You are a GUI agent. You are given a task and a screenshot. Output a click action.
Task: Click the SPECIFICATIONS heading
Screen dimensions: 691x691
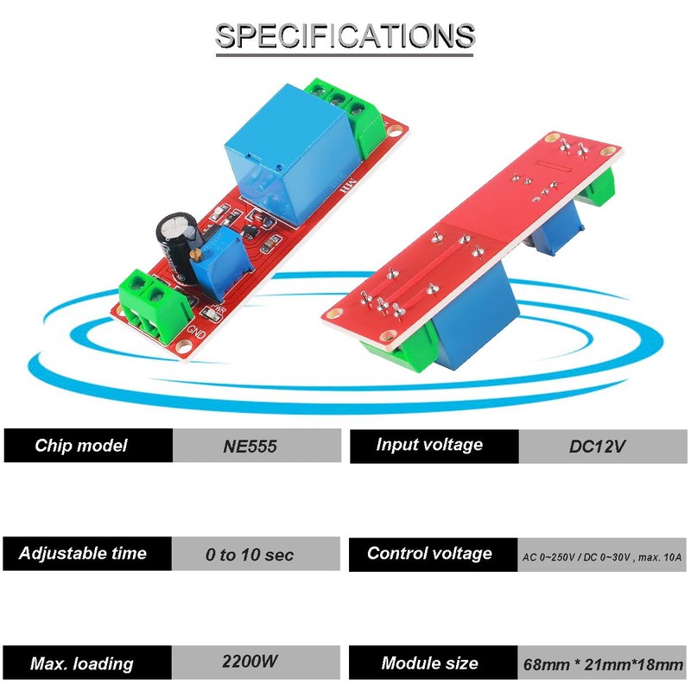pos(345,36)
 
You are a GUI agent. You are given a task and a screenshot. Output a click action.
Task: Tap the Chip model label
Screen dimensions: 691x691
pos(81,446)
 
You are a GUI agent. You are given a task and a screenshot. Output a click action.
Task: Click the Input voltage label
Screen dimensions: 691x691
pos(429,445)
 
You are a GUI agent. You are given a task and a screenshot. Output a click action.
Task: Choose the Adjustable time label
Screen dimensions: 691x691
pos(83,554)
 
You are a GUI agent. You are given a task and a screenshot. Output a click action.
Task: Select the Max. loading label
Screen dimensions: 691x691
pos(82,663)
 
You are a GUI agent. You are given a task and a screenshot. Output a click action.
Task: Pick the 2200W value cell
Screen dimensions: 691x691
pos(250,662)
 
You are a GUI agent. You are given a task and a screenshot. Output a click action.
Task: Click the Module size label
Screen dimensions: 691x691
pos(429,663)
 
